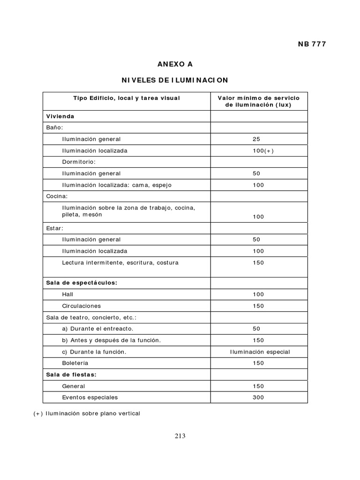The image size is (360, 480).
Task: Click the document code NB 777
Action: (312, 44)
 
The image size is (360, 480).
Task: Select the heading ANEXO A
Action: (175, 64)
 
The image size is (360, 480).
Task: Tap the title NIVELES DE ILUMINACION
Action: (175, 80)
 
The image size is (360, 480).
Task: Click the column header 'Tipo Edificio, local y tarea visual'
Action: (127, 98)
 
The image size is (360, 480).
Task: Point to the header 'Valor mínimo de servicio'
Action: (259, 98)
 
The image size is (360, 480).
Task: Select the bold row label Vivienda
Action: (60, 116)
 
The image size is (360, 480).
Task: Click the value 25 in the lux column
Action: (256, 139)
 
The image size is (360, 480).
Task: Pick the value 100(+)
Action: (259, 150)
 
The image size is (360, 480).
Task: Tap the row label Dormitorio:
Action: (79, 162)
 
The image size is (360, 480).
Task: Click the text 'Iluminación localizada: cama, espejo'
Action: (117, 185)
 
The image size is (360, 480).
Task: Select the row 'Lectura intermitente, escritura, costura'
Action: (120, 262)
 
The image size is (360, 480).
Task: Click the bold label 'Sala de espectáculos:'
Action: (82, 283)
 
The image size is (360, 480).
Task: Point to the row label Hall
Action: (67, 294)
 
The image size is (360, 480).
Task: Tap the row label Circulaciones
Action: (81, 306)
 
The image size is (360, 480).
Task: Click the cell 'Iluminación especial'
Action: (260, 352)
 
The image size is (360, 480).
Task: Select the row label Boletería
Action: (75, 363)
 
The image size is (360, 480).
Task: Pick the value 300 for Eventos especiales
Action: (258, 397)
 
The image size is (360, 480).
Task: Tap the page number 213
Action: (180, 435)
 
